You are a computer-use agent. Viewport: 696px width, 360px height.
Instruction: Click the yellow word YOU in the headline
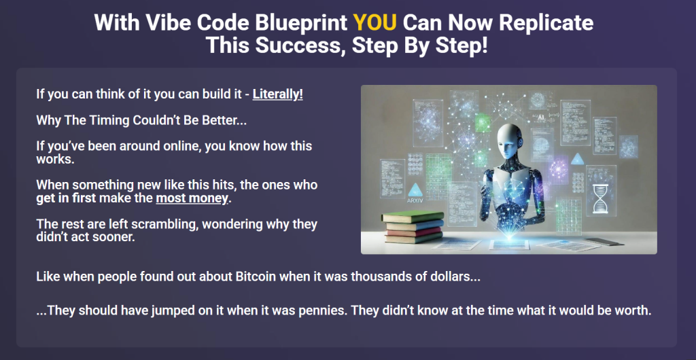click(x=374, y=22)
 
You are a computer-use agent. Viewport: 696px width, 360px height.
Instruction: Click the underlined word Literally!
click(x=277, y=94)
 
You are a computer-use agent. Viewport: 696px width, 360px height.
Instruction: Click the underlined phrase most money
click(x=193, y=198)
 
